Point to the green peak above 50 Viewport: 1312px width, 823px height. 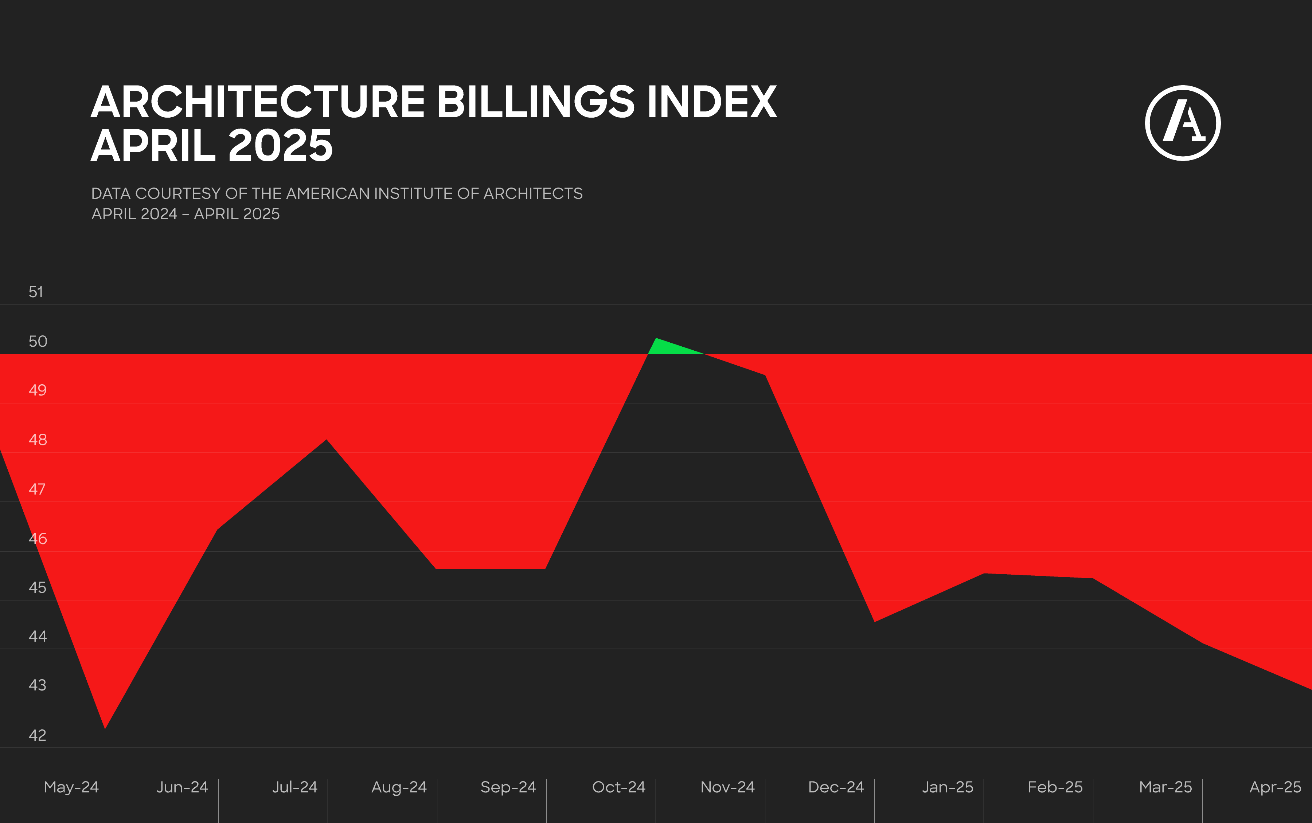pos(665,347)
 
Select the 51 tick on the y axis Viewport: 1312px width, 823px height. pos(36,292)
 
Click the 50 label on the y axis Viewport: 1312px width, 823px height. pos(38,341)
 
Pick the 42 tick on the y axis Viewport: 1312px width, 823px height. pos(38,735)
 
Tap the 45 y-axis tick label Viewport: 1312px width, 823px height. pos(38,588)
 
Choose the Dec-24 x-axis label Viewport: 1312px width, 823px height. pos(836,787)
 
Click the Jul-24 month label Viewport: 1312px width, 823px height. pos(294,787)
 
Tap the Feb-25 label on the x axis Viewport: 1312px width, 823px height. pos(1055,787)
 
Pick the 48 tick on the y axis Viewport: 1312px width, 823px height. pos(38,440)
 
